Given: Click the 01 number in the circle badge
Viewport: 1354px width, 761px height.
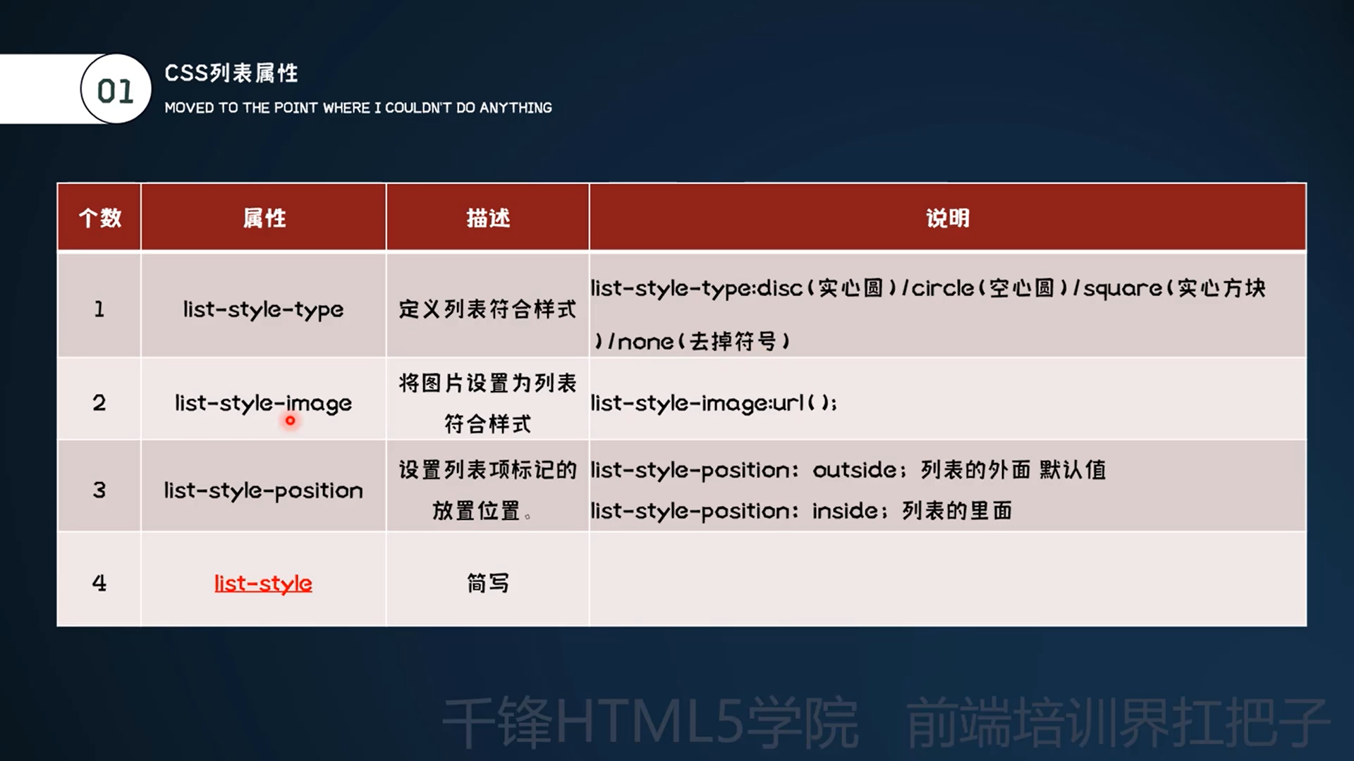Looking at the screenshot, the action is pyautogui.click(x=115, y=91).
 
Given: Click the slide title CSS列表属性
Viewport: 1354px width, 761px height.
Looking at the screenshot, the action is pyautogui.click(x=231, y=73).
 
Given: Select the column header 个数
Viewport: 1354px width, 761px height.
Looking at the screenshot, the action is pyautogui.click(x=99, y=218).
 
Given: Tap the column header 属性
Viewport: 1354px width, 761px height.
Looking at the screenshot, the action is pyautogui.click(x=264, y=218).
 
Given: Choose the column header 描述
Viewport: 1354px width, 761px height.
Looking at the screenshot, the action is pyautogui.click(x=488, y=218).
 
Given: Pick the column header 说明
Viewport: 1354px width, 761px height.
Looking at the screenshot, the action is pyautogui.click(x=948, y=218).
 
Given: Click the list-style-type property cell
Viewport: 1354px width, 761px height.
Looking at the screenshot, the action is pyautogui.click(x=263, y=309).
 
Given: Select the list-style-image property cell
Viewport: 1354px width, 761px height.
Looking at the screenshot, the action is pyautogui.click(x=263, y=403).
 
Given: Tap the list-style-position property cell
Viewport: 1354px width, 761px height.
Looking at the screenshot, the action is pyautogui.click(x=263, y=490).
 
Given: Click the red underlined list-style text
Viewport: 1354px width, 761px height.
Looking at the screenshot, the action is pyautogui.click(x=263, y=583).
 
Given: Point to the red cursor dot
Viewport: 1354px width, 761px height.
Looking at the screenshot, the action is pyautogui.click(x=290, y=421).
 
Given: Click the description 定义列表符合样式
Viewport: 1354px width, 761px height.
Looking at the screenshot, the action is pyautogui.click(x=487, y=309).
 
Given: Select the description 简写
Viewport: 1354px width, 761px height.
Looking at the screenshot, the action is pyautogui.click(x=487, y=583).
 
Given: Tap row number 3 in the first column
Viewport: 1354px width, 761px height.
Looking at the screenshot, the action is pyautogui.click(x=99, y=490).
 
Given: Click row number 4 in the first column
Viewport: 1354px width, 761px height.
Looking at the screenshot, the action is pyautogui.click(x=99, y=583).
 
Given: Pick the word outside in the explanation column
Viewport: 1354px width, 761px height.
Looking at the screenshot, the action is pyautogui.click(x=854, y=470).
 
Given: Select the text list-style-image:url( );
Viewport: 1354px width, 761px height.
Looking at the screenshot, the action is pyautogui.click(x=714, y=403).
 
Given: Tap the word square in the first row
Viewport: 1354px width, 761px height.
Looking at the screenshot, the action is pyautogui.click(x=1123, y=289).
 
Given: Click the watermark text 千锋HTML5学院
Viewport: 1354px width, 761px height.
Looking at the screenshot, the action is pyautogui.click(x=650, y=723).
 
